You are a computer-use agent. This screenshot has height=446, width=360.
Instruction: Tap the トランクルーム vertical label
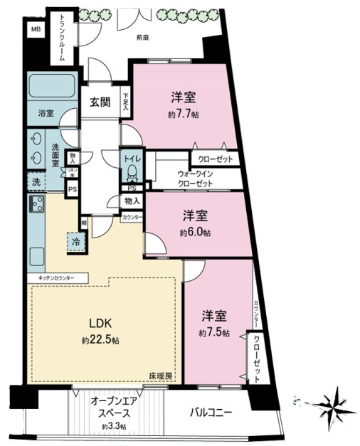click(x=62, y=38)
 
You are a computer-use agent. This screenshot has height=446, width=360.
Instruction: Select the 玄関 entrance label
click(x=100, y=102)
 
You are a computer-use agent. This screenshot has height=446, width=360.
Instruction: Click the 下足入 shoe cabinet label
click(x=126, y=99)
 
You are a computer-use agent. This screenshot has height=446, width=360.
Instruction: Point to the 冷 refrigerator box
click(x=75, y=243)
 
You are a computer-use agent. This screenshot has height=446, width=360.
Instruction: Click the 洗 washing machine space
click(x=36, y=182)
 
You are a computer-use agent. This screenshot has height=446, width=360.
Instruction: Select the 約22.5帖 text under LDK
click(x=101, y=341)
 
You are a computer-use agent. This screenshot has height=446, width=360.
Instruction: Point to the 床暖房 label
click(x=160, y=376)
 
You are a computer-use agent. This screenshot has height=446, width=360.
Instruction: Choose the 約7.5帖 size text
click(x=213, y=333)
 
